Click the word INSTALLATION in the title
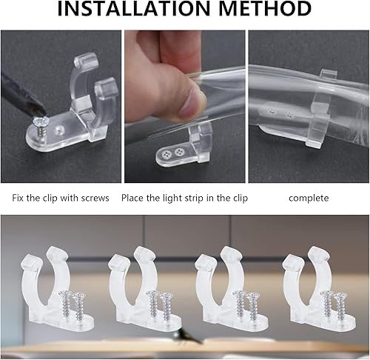point(133,9)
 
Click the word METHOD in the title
point(265,9)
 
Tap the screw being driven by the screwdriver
point(41,126)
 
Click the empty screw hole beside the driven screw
point(59,129)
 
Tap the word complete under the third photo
point(309,199)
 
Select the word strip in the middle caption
point(193,199)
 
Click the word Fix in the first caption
point(18,198)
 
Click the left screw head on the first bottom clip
point(64,294)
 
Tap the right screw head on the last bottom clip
point(342,296)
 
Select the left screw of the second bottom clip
point(153,304)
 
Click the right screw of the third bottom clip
point(254,306)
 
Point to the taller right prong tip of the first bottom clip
point(57,254)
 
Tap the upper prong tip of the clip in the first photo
point(87,60)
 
